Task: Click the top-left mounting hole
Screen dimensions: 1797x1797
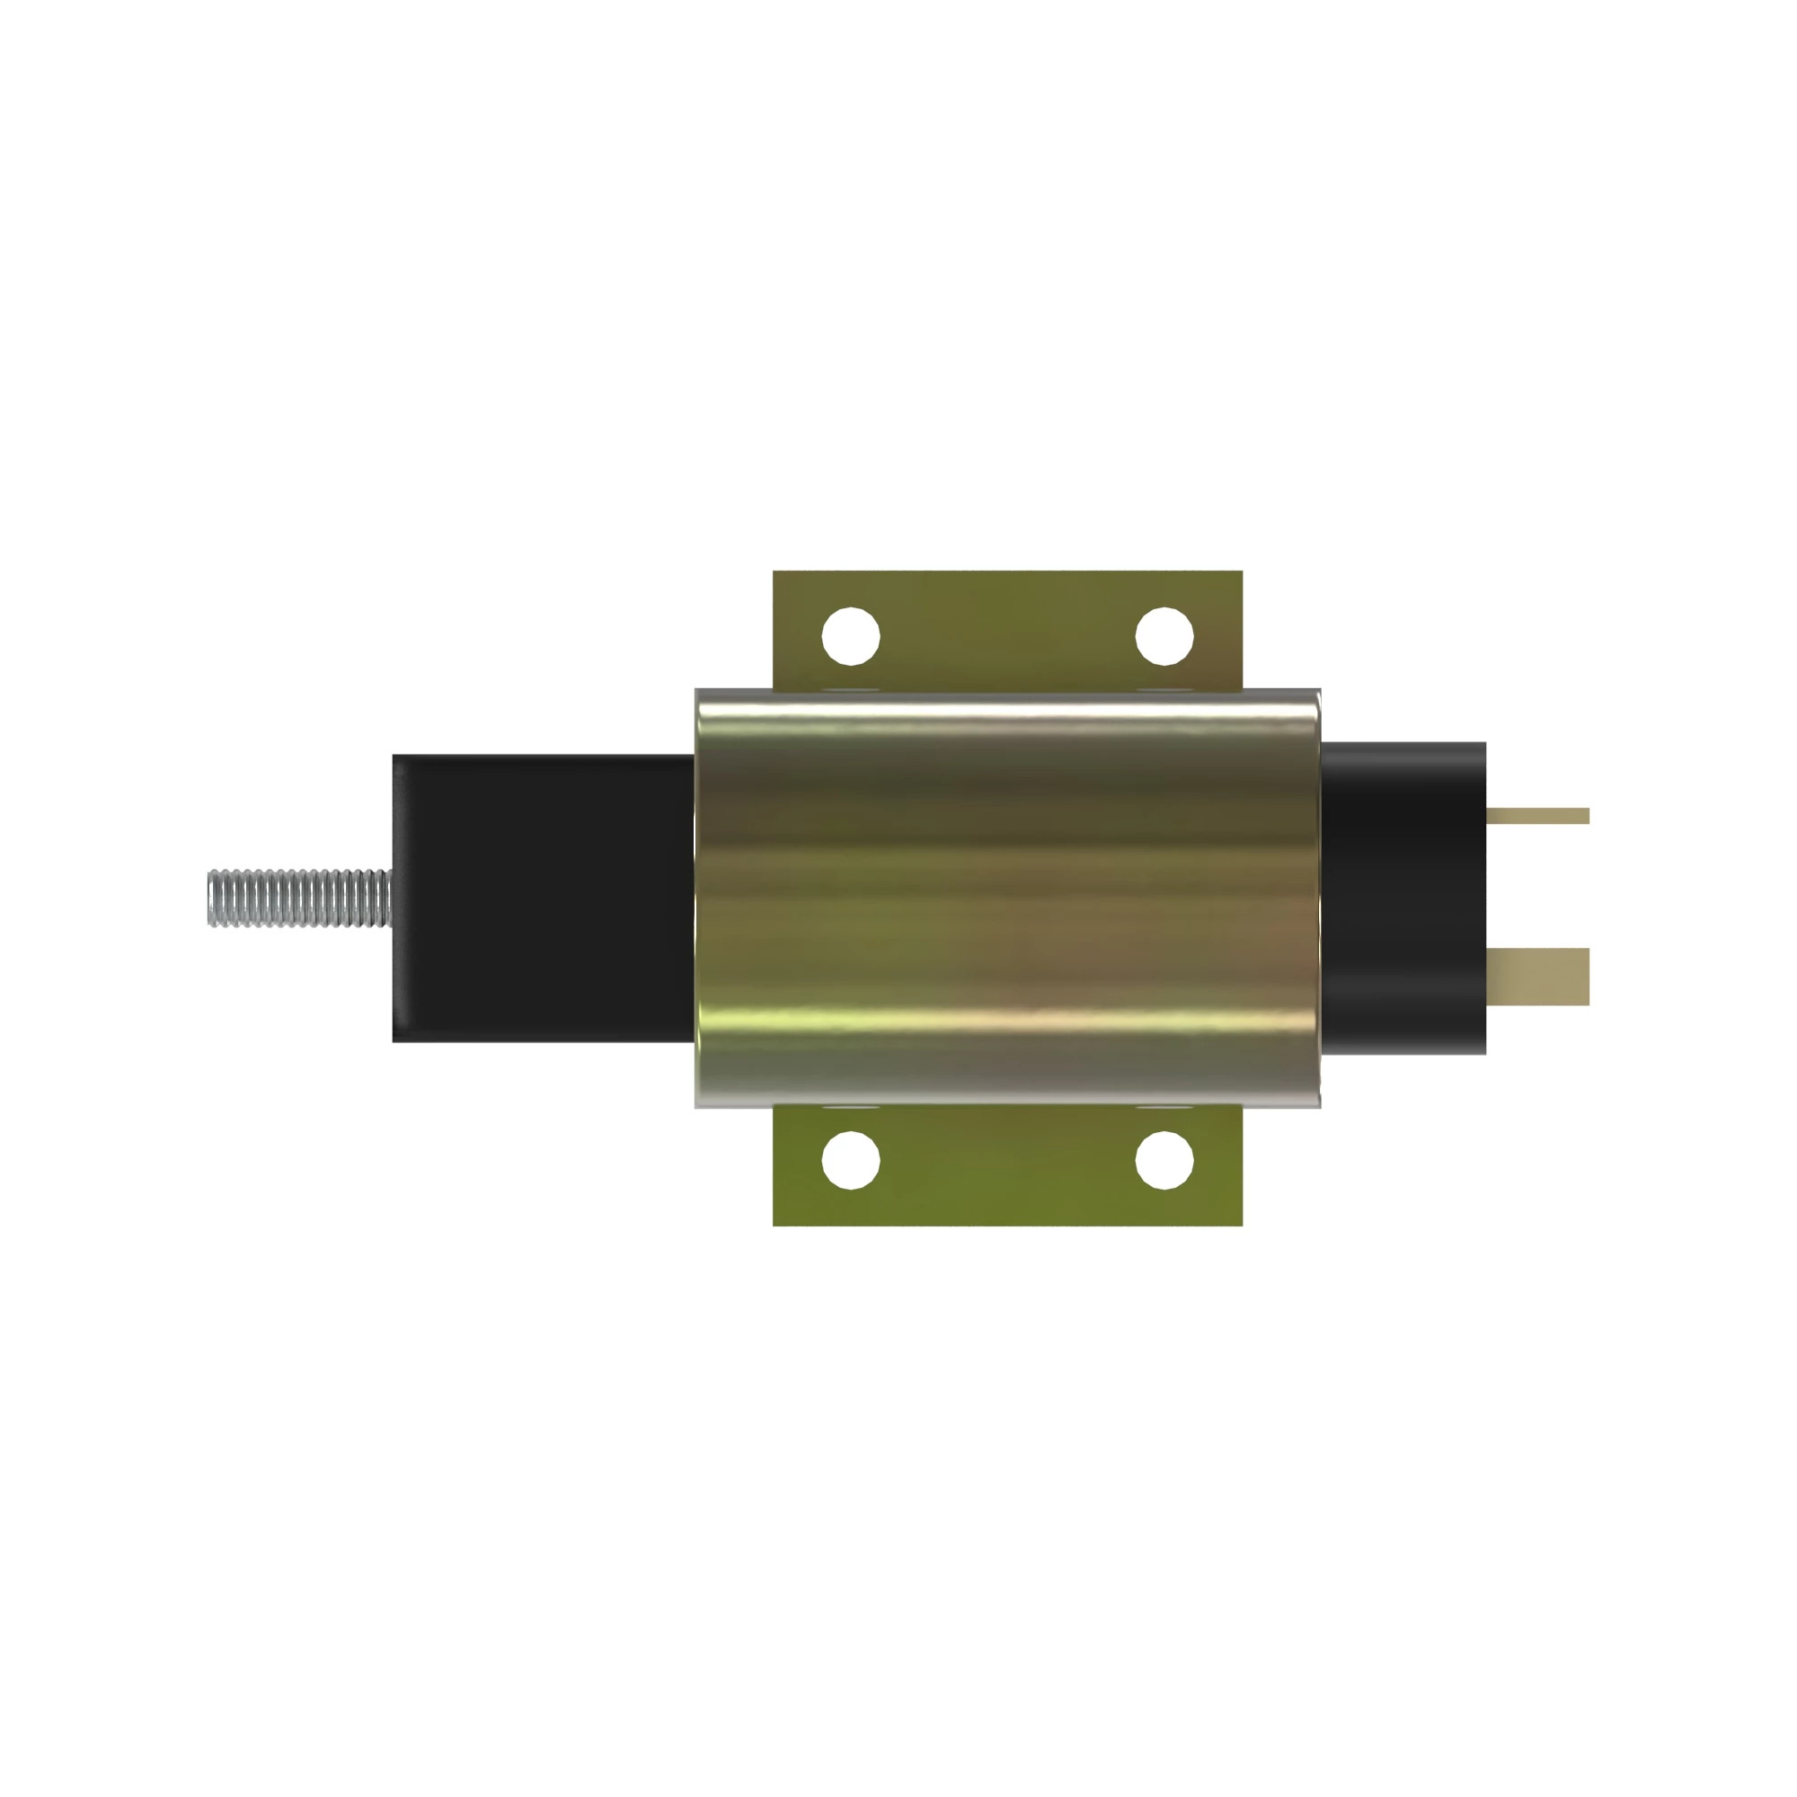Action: tap(850, 636)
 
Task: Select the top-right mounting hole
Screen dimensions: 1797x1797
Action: tap(1164, 636)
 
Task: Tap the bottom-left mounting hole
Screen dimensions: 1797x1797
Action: tap(850, 1160)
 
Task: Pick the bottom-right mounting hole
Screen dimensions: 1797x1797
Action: tap(1164, 1160)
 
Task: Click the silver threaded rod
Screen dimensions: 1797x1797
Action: tap(297, 898)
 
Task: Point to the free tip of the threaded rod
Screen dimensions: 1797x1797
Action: tap(211, 898)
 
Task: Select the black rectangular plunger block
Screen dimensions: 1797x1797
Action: tap(544, 898)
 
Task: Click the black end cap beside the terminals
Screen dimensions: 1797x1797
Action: tap(1402, 898)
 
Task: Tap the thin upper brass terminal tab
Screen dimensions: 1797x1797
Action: tap(1536, 816)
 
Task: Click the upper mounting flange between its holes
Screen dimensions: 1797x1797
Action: tap(1007, 633)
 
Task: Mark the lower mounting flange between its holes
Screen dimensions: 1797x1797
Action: tap(1007, 1163)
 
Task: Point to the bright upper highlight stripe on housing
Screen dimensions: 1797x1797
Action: tap(1007, 715)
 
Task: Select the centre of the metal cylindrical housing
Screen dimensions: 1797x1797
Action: tap(1007, 898)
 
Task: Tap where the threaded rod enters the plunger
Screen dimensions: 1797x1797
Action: tap(391, 898)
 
